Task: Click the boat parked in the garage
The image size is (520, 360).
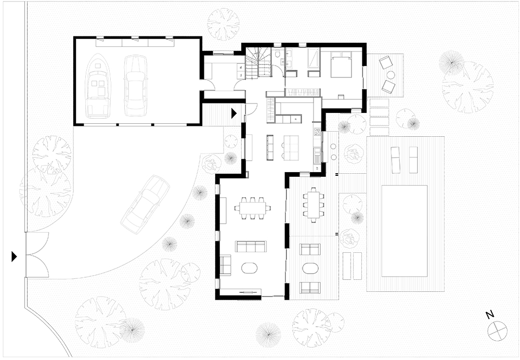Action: point(98,86)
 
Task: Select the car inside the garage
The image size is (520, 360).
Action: point(135,86)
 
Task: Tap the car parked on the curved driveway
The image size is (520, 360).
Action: point(145,204)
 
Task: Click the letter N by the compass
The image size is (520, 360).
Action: point(489,315)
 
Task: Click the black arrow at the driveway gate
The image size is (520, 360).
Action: point(14,256)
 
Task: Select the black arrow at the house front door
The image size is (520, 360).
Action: point(234,112)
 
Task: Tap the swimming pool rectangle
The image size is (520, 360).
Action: point(404,230)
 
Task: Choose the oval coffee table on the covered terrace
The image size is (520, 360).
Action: point(310,268)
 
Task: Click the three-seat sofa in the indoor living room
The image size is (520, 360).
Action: point(251,246)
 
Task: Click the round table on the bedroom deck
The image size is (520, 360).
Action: point(391,75)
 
